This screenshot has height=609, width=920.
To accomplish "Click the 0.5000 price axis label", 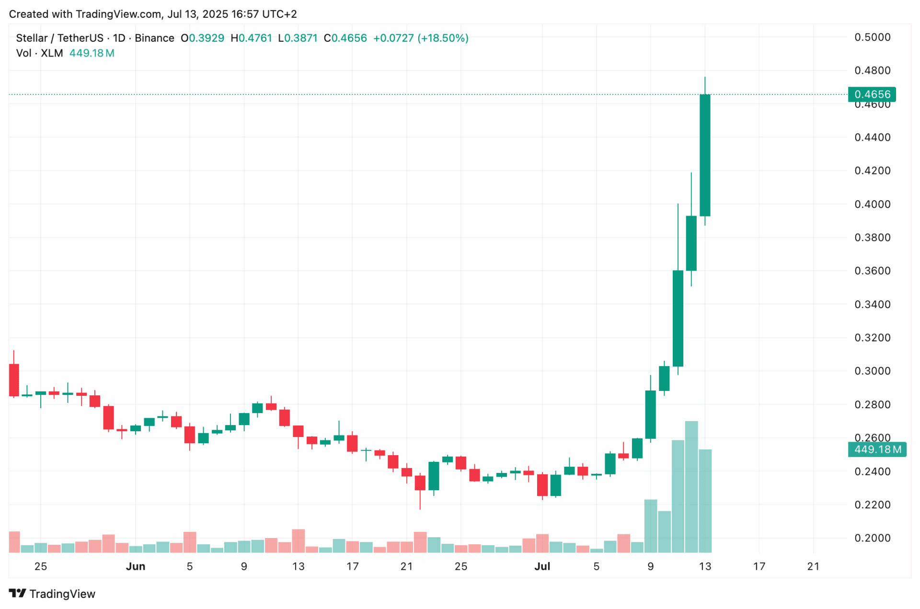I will tap(872, 37).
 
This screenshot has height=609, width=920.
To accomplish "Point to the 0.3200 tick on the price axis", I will tap(872, 338).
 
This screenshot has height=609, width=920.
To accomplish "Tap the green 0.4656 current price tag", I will tap(872, 94).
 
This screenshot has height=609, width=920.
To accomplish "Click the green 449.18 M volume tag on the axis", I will tap(877, 449).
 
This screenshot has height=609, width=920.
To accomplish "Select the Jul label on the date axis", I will tap(542, 566).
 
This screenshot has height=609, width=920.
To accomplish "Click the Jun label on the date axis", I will tap(136, 566).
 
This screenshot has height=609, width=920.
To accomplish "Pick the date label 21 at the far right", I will tap(813, 566).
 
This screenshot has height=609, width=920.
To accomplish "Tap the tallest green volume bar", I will tap(691, 486).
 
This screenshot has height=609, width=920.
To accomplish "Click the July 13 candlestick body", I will tap(705, 155).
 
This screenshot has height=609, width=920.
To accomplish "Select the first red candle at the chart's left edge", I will tap(14, 380).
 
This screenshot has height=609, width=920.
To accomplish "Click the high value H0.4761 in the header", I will tap(251, 38).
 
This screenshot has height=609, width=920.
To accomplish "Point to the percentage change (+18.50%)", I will tap(443, 38).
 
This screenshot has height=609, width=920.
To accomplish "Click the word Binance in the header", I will tap(154, 38).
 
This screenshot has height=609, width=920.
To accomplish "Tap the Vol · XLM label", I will tap(40, 53).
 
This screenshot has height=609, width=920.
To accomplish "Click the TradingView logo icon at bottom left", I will tap(18, 594).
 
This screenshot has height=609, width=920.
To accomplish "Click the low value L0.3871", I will tap(298, 38).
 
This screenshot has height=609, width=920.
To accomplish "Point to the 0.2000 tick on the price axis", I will tap(872, 538).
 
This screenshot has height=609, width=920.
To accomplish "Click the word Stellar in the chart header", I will tap(32, 38).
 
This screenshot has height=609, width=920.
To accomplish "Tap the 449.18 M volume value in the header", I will tap(92, 53).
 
